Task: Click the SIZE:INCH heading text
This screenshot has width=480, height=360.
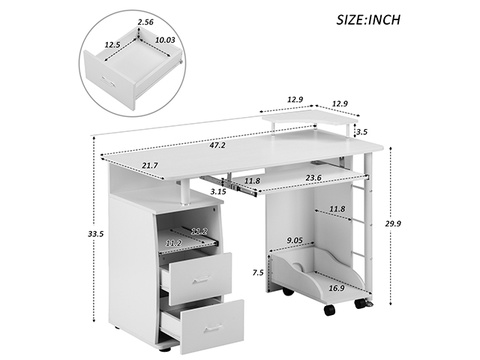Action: coord(368,19)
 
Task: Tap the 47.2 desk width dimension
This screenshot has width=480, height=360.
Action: coord(217,145)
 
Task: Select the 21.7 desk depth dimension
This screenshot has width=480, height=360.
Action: coord(150,166)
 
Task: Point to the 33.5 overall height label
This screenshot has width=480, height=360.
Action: coord(96,234)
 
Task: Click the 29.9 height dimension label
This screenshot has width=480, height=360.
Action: coord(393,223)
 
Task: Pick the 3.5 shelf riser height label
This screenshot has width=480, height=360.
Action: coord(361,132)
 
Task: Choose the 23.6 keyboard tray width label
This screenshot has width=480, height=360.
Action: coord(313,178)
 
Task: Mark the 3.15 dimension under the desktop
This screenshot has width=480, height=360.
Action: coord(218,192)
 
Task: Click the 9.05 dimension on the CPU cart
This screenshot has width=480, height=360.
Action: coord(295,240)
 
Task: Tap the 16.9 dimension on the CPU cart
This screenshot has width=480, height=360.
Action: coord(337,288)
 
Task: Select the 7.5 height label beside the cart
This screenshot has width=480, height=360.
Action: coord(258,272)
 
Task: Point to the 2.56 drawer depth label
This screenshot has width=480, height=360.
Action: coord(145,22)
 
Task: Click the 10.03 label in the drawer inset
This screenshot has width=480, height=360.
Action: coord(165,40)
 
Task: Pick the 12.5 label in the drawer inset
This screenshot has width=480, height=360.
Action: coord(112,45)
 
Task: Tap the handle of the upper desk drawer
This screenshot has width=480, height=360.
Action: coord(201,280)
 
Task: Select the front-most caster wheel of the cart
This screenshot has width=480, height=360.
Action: coord(328,310)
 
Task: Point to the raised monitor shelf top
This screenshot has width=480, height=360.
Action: coord(310,118)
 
